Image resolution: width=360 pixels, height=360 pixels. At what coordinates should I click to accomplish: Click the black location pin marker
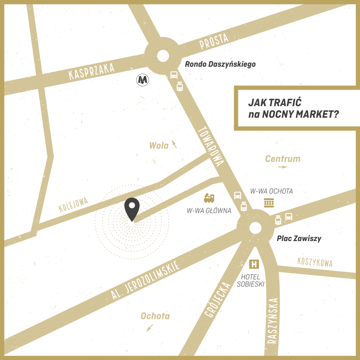132,208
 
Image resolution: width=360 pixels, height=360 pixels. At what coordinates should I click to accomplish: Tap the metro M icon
143,79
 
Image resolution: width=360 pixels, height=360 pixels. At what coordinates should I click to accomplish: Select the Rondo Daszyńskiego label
220,64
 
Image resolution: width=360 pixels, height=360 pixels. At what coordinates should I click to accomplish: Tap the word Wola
159,146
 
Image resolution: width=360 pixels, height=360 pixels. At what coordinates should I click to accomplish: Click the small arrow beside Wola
174,145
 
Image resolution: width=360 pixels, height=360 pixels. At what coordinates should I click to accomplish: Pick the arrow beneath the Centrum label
283,167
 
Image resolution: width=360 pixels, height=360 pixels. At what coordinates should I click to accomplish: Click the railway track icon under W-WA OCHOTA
269,203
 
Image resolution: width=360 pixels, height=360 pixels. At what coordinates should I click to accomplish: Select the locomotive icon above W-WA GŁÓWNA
209,197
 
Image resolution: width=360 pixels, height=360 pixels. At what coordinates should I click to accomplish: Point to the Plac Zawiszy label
299,239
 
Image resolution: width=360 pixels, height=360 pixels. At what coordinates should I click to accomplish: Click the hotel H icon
254,264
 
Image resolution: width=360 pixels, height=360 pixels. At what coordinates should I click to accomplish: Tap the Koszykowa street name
315,262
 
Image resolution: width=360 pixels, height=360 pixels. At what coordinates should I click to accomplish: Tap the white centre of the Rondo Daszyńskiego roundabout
162,56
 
